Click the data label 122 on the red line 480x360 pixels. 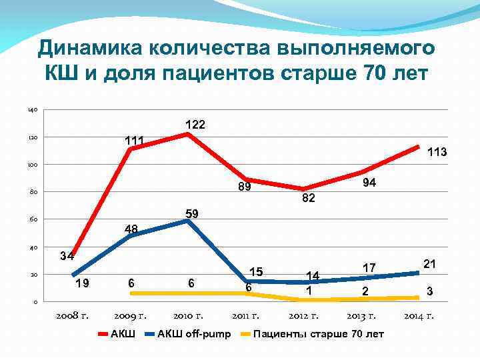click(x=195, y=125)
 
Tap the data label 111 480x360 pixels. click(x=136, y=141)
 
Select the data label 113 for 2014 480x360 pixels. click(x=436, y=153)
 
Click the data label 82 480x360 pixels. click(x=307, y=199)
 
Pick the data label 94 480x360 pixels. click(x=370, y=182)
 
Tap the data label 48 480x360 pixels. click(x=131, y=229)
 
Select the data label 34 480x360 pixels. click(x=67, y=256)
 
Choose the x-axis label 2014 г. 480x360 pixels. click(x=419, y=315)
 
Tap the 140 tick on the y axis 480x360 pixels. click(x=33, y=110)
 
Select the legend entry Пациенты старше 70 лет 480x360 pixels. click(x=319, y=333)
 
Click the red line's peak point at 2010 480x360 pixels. click(x=188, y=134)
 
